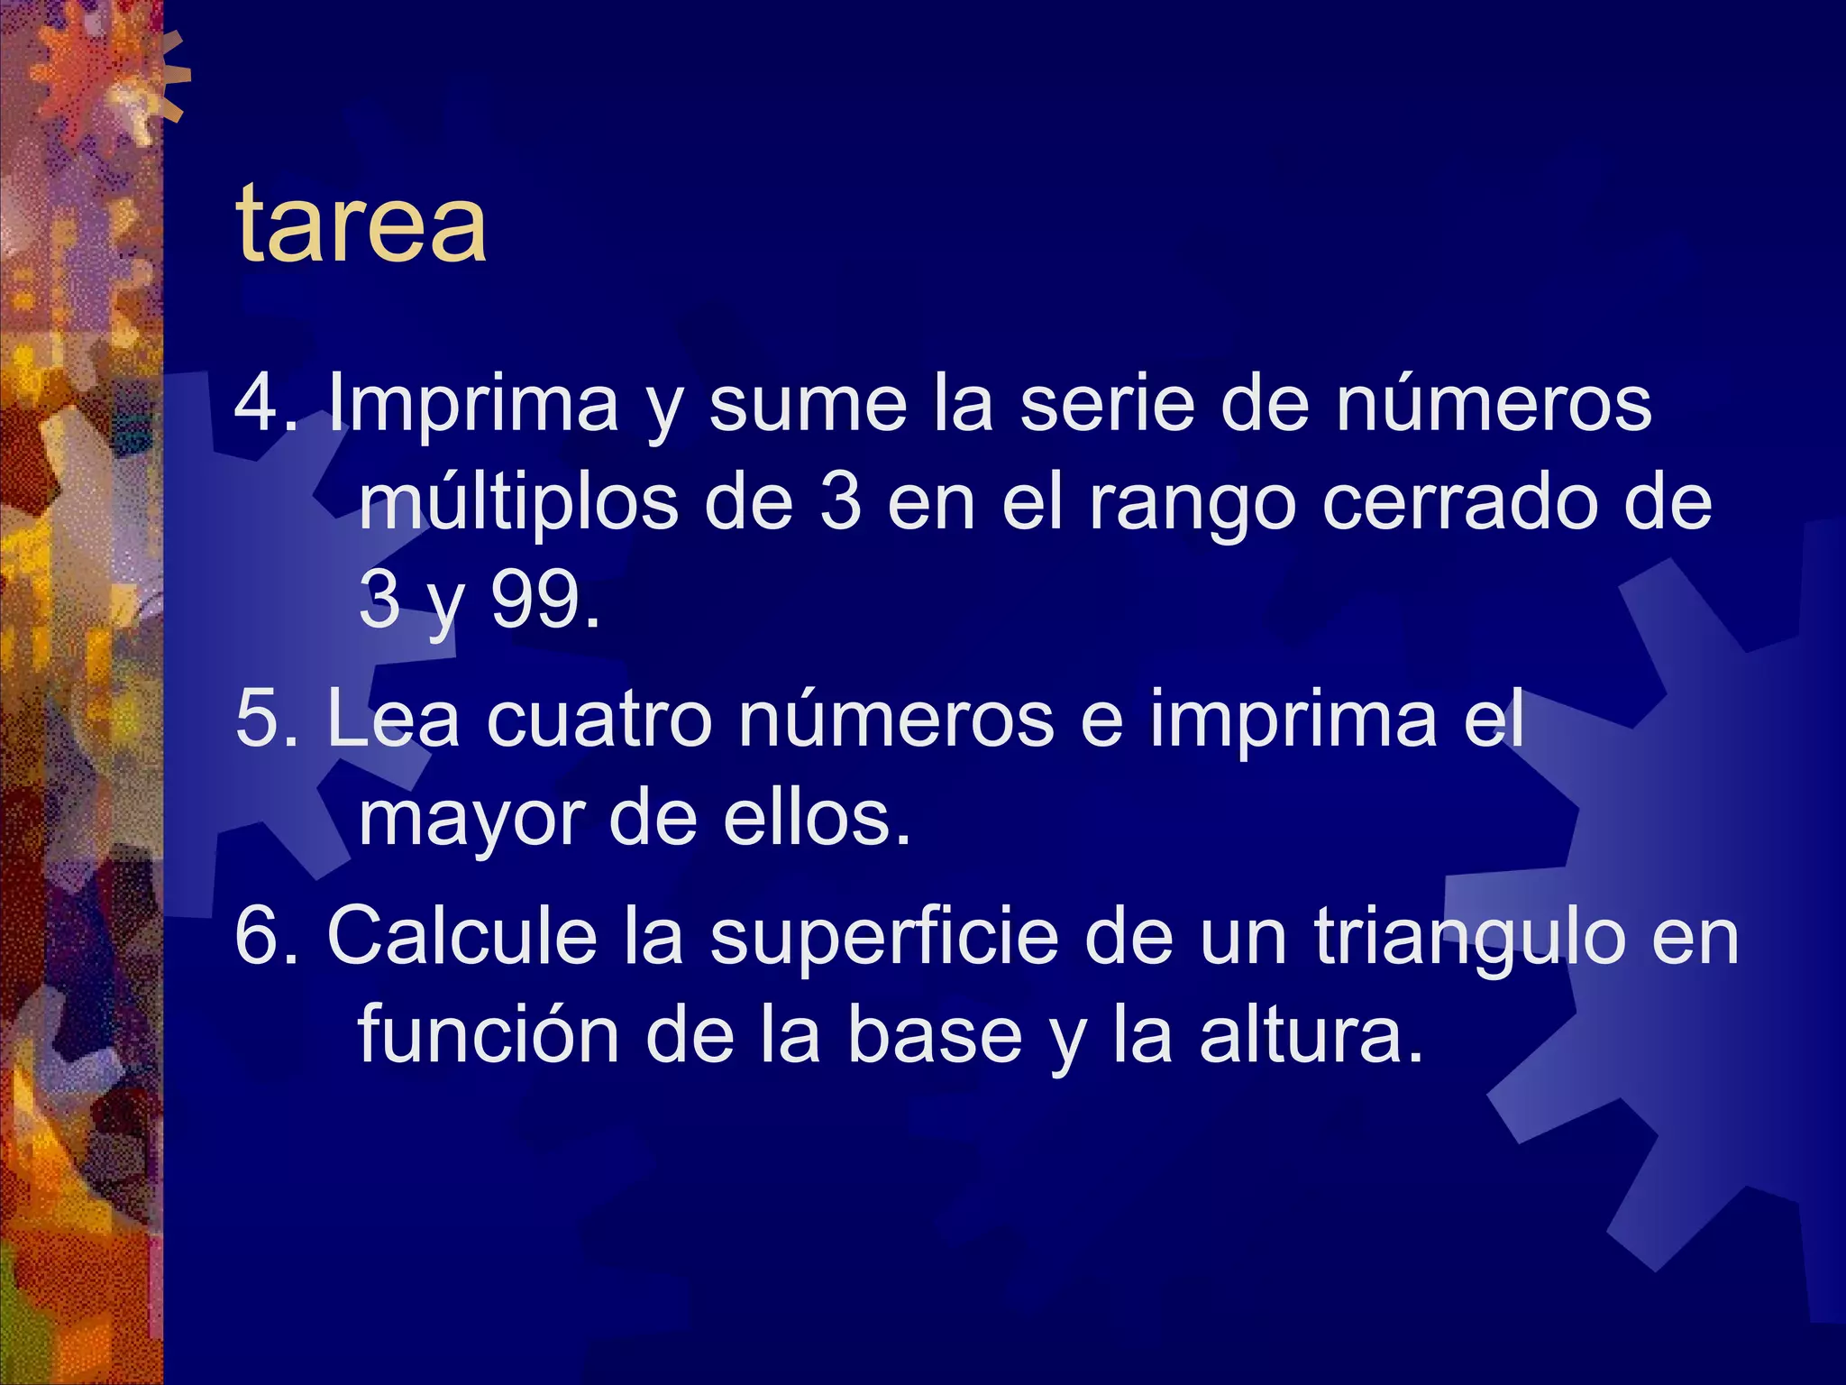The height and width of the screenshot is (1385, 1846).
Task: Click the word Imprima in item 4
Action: pos(473,404)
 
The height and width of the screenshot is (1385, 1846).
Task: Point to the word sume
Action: pos(808,404)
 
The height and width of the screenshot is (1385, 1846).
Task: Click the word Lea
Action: pos(393,719)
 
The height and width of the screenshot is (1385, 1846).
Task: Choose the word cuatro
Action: pos(599,719)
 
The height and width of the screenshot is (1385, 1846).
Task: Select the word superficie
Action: pos(883,938)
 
